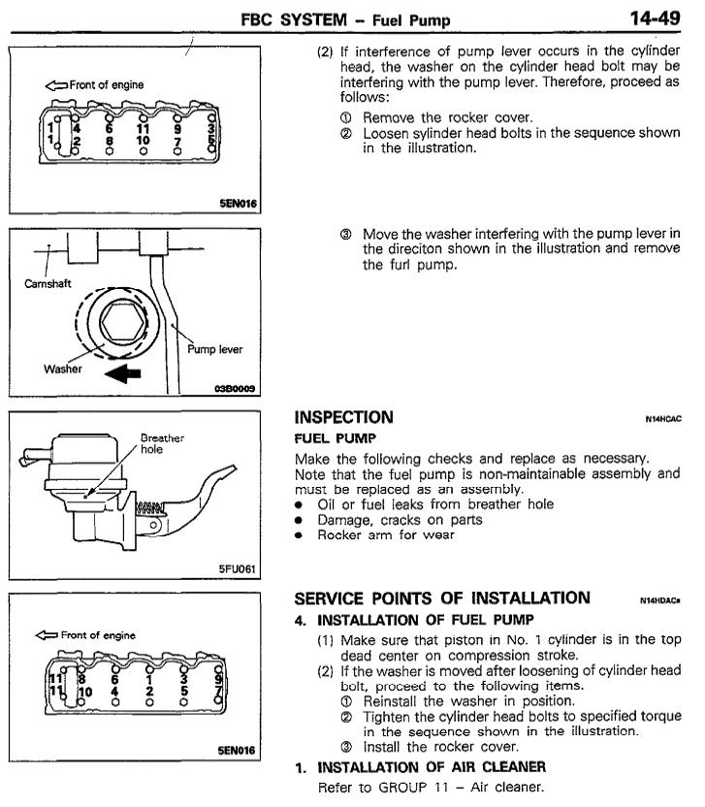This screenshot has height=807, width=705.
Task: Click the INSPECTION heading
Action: pos(343,418)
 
